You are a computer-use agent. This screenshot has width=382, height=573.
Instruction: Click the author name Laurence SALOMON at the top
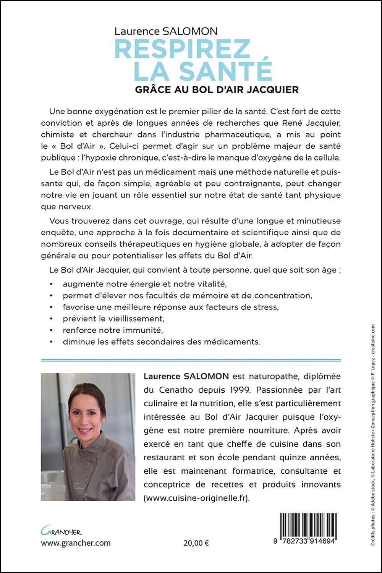[166, 31]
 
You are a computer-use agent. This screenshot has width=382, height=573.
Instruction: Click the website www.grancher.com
[76, 543]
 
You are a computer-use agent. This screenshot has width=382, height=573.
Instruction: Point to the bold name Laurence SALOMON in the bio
[186, 376]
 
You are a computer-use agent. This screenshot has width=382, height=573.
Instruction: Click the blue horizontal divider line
[191, 360]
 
